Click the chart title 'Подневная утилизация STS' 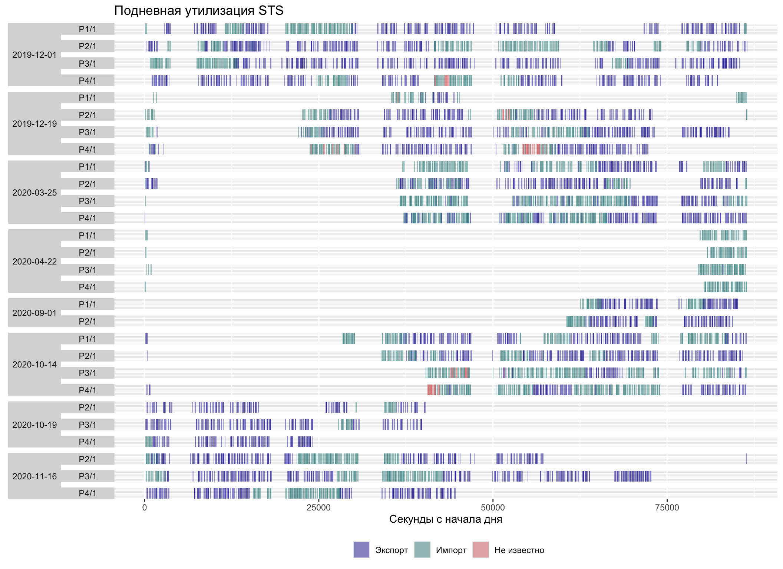199,11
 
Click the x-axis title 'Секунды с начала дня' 446,519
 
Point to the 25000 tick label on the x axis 318,508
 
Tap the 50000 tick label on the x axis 493,508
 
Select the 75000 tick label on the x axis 667,508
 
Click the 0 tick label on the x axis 145,508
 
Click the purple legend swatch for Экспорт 361,550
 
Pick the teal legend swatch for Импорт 422,550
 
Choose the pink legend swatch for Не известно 481,550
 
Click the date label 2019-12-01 34,55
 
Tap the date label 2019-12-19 34,124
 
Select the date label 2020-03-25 34,193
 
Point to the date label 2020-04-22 34,262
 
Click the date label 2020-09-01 34,313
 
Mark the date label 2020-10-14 34,365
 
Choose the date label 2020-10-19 34,425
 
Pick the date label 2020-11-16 34,476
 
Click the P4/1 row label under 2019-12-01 87,81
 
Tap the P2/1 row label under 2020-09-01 87,322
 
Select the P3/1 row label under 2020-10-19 87,425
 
